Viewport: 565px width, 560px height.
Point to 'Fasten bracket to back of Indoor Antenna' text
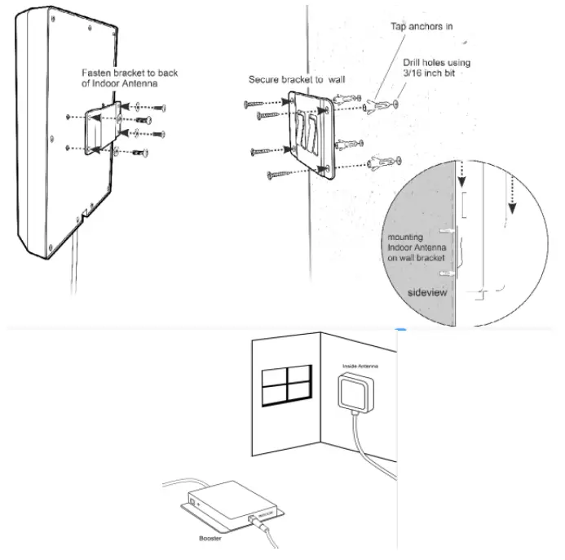coord(129,78)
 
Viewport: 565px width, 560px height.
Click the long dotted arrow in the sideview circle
coord(511,193)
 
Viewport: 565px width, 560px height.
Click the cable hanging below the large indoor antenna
coord(73,245)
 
